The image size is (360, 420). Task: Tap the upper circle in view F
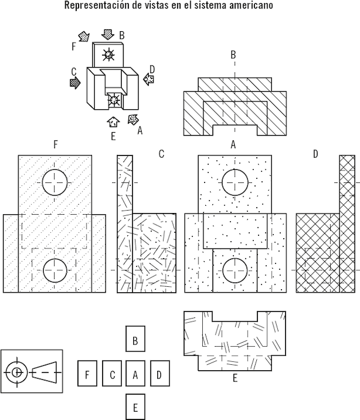pyautogui.click(x=56, y=181)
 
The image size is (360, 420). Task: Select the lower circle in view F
pyautogui.click(x=56, y=271)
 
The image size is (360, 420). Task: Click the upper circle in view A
pyautogui.click(x=235, y=181)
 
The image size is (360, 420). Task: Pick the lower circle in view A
pyautogui.click(x=235, y=271)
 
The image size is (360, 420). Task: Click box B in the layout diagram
pyautogui.click(x=136, y=340)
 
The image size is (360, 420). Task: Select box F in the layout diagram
pyautogui.click(x=88, y=375)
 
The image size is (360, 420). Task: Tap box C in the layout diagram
pyautogui.click(x=112, y=375)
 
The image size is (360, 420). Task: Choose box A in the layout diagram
pyautogui.click(x=136, y=375)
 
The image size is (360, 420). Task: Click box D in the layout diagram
pyautogui.click(x=159, y=375)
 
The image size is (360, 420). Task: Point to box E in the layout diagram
pyautogui.click(x=136, y=407)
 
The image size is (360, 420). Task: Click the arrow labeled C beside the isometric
pyautogui.click(x=75, y=83)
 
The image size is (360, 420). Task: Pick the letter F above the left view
pyautogui.click(x=55, y=145)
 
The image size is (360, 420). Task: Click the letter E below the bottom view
pyautogui.click(x=235, y=378)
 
